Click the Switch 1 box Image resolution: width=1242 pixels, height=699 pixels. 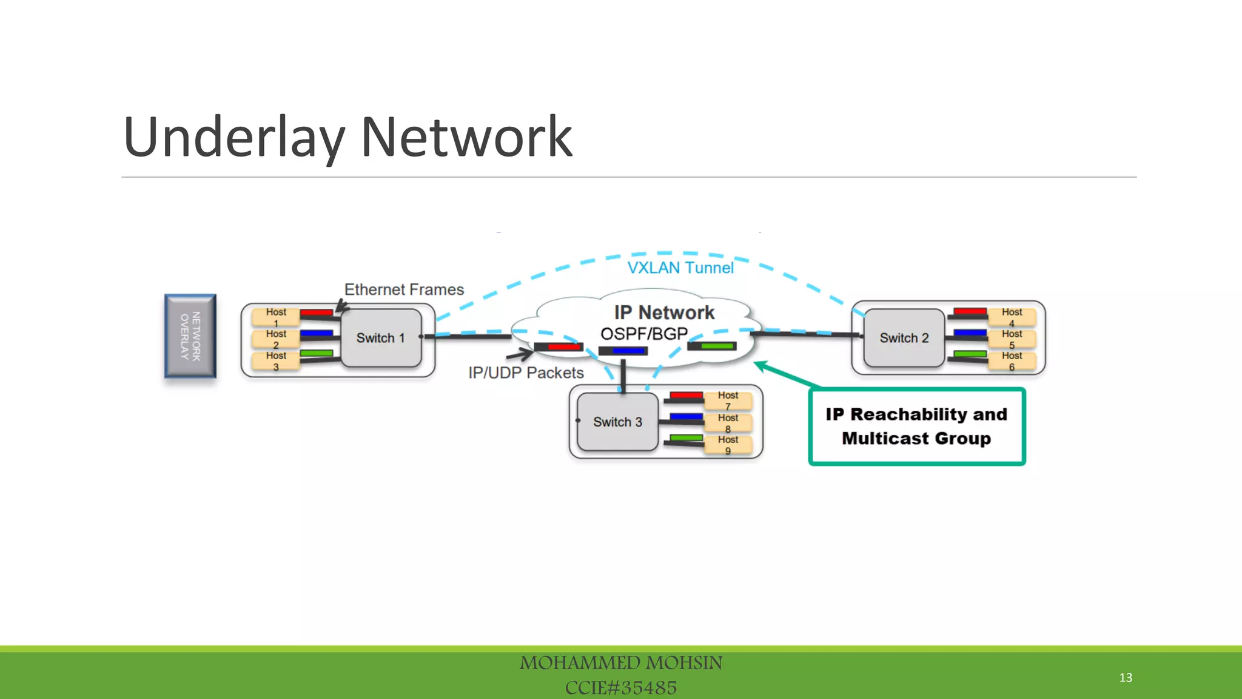(381, 338)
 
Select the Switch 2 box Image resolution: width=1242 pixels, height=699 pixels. (904, 338)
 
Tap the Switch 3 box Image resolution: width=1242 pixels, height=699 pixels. (617, 422)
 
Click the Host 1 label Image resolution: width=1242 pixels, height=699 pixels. (276, 317)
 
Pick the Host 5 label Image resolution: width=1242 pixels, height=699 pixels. (1012, 339)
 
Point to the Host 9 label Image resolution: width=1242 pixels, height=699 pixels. (728, 444)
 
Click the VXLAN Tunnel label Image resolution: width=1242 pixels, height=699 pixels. (680, 268)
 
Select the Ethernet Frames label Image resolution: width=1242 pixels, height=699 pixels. (404, 289)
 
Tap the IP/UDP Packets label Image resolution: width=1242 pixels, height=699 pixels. (526, 373)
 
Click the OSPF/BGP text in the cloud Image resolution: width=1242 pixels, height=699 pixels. (643, 334)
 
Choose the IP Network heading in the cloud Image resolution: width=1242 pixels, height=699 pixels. (664, 312)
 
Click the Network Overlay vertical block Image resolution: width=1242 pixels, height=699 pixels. (190, 336)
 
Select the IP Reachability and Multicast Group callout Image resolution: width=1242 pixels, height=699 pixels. (916, 427)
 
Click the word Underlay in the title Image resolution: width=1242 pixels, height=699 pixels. (234, 138)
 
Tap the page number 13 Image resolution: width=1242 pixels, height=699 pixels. (1126, 677)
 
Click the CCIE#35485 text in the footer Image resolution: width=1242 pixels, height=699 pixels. (620, 687)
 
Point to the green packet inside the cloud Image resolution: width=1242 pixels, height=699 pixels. (716, 346)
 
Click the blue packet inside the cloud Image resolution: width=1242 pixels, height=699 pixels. (627, 351)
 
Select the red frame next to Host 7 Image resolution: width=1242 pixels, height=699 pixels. (686, 396)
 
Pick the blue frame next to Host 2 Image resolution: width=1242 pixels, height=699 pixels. (316, 333)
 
